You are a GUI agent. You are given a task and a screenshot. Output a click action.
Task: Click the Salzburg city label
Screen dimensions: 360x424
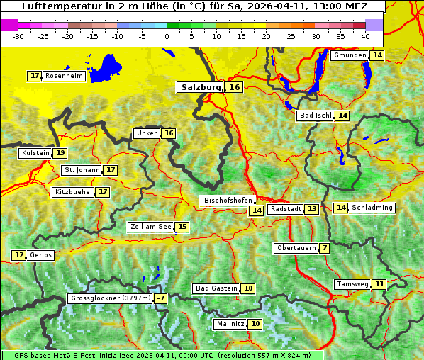pos(201,87)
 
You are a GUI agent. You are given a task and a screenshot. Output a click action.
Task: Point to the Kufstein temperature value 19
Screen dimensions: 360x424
pos(61,153)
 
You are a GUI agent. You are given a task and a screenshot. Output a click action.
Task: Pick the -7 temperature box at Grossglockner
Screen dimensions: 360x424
pos(162,299)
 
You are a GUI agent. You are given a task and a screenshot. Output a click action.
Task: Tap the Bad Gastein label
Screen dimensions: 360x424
pos(216,288)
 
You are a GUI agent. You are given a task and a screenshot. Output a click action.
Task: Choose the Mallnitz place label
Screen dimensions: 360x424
pos(230,324)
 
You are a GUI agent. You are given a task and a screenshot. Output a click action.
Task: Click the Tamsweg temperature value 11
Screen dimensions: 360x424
pos(380,284)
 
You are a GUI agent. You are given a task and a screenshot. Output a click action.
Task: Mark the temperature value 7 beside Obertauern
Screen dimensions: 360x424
pos(324,248)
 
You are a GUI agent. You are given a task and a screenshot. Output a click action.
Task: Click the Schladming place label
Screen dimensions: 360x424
pos(372,208)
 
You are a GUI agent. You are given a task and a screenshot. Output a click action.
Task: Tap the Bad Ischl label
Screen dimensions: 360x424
pos(315,116)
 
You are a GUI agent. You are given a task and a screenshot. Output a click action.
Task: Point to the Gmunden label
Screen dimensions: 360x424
pos(350,55)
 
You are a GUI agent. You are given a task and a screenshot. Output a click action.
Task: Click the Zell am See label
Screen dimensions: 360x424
pos(150,227)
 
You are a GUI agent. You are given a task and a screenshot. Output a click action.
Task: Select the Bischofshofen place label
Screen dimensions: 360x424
pos(227,201)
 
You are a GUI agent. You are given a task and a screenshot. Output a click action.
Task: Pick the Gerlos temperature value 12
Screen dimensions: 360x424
pos(19,255)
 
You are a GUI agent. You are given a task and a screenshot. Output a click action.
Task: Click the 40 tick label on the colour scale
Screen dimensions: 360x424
pos(365,35)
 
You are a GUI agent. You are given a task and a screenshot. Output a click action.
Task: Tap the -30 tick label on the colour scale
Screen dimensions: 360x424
pos(18,35)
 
